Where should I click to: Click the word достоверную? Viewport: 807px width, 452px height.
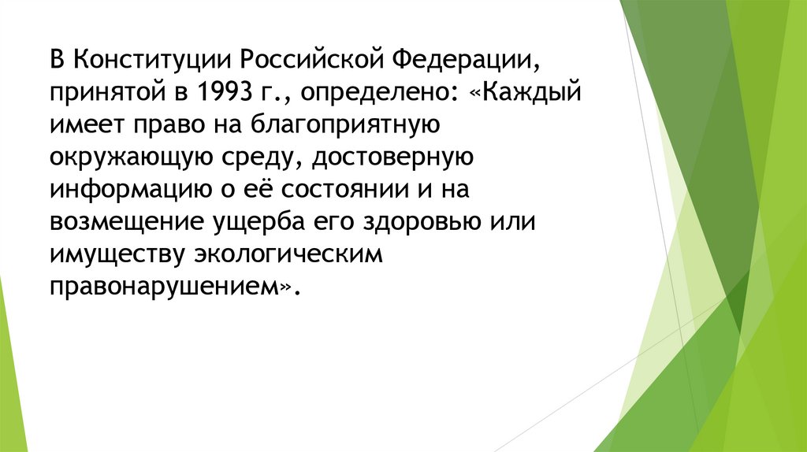(x=392, y=158)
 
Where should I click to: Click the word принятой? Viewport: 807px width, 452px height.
(x=106, y=93)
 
